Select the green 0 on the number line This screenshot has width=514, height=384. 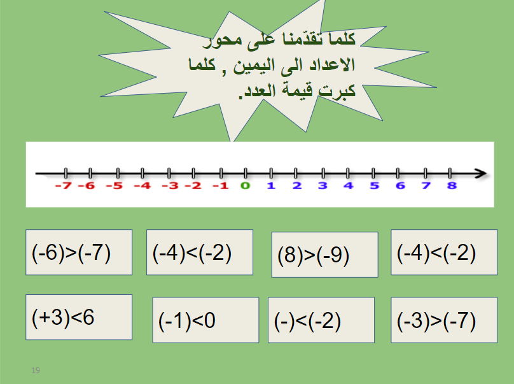point(246,186)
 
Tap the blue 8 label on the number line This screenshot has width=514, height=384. point(452,186)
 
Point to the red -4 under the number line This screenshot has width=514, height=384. point(142,186)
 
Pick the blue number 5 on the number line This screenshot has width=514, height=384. point(374,186)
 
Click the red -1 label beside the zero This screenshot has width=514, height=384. point(219,186)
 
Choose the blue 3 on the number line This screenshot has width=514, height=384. point(323,186)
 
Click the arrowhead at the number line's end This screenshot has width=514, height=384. point(481,173)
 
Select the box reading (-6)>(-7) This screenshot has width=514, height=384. point(79,252)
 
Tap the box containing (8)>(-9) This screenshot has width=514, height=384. point(324,255)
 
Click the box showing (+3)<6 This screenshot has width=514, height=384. point(79,317)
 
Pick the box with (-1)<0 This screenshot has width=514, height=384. point(205,320)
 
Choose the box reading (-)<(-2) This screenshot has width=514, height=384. point(321,320)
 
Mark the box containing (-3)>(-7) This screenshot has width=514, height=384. point(444,320)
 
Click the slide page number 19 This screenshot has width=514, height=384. point(36,370)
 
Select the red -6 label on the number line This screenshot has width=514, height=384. point(88,186)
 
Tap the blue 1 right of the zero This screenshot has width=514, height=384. point(271,186)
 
